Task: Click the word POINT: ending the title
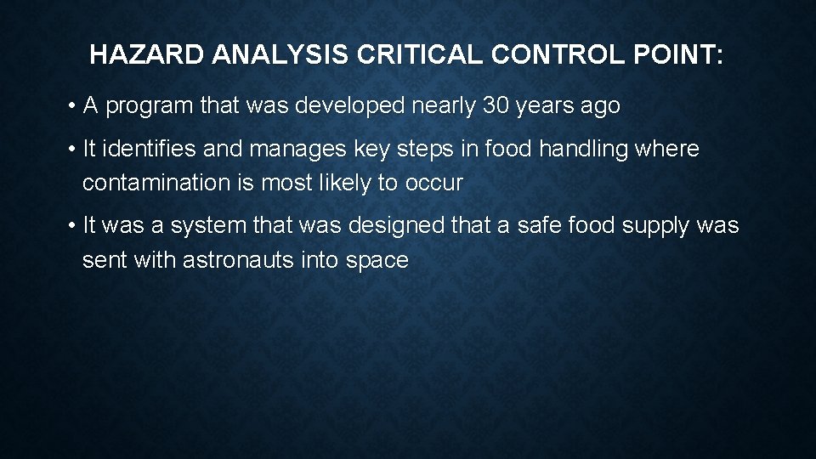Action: point(683,56)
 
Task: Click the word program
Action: point(150,107)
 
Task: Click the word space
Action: point(377,261)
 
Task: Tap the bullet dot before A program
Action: point(74,107)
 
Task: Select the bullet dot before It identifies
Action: point(74,150)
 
